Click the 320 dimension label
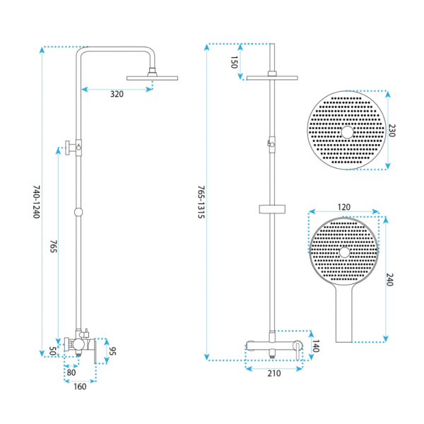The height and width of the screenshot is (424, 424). (x=117, y=94)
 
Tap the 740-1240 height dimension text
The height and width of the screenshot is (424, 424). (x=37, y=201)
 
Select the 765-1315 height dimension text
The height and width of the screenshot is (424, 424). (x=201, y=201)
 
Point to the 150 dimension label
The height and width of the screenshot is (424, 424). (x=234, y=62)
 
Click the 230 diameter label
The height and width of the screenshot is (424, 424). (x=391, y=130)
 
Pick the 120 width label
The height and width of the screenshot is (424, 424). (x=344, y=207)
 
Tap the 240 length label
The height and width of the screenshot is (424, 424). (x=389, y=280)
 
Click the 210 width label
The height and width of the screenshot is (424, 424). (x=274, y=373)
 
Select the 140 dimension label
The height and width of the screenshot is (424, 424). (x=316, y=346)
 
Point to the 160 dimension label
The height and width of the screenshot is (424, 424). (x=80, y=387)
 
